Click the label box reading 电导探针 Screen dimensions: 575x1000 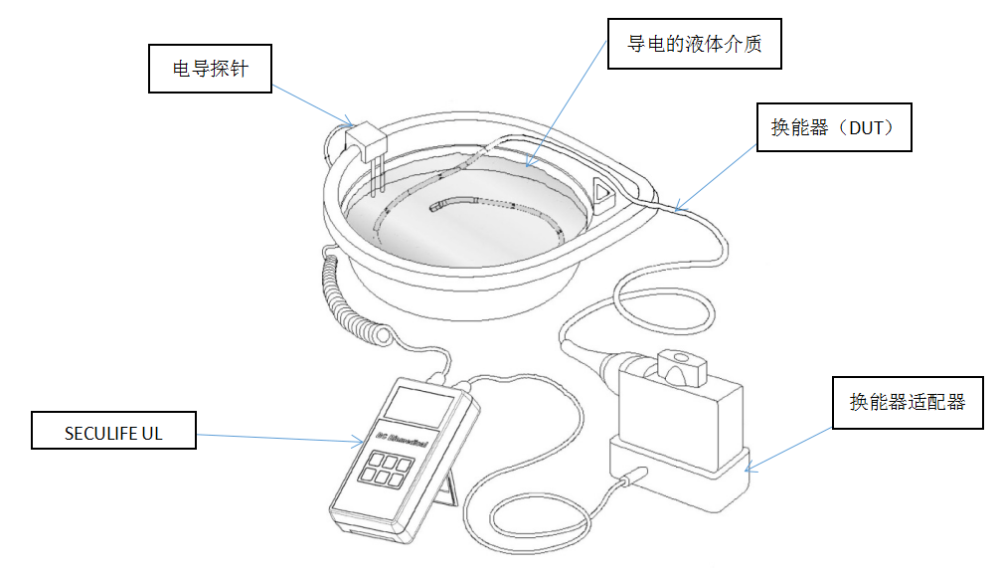click(210, 70)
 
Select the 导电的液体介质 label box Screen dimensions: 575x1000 click(695, 45)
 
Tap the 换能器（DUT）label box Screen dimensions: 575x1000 click(834, 127)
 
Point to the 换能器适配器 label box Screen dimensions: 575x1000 click(907, 402)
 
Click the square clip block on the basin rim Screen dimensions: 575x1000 click(365, 140)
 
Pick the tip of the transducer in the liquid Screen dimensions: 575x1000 click(435, 208)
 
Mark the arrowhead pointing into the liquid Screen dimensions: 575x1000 click(529, 163)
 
